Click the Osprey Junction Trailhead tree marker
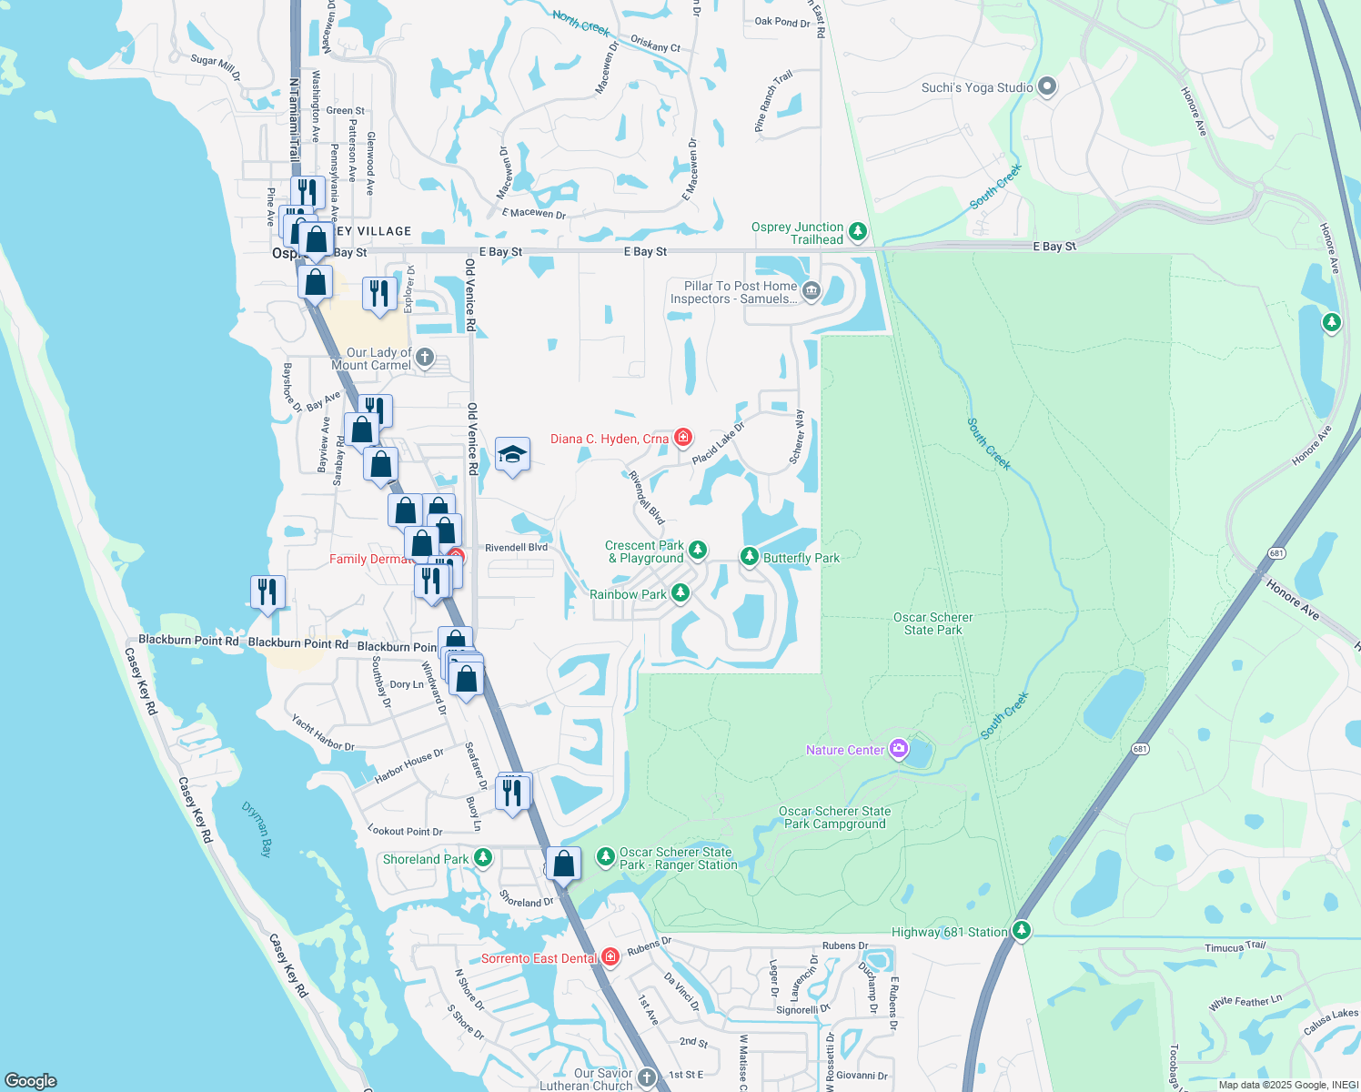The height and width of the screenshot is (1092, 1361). click(x=857, y=232)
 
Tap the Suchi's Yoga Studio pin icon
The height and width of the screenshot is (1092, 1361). click(x=1047, y=86)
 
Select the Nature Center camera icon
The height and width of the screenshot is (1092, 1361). click(x=899, y=749)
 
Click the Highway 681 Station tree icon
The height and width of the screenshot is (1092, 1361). click(x=1022, y=930)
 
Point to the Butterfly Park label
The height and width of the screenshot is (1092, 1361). click(x=801, y=558)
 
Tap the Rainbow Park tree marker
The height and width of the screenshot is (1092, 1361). click(x=680, y=593)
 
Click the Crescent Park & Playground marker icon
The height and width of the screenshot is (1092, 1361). click(x=697, y=550)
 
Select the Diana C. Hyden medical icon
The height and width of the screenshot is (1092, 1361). click(x=682, y=438)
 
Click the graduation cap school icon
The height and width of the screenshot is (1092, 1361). click(x=512, y=455)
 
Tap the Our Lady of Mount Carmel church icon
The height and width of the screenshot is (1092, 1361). click(x=425, y=358)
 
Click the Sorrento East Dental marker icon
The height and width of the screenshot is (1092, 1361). click(x=610, y=956)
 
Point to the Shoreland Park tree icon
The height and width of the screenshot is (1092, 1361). click(x=483, y=857)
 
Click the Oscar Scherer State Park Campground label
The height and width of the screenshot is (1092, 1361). click(x=834, y=817)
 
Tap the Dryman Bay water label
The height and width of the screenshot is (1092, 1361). click(x=257, y=828)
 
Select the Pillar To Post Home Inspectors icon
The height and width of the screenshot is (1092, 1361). click(x=811, y=291)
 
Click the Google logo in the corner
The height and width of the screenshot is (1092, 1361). click(x=31, y=1080)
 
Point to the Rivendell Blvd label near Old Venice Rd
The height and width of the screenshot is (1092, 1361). click(x=516, y=548)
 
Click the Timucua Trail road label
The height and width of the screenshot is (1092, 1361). click(x=1235, y=947)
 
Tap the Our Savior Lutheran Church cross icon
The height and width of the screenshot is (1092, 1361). click(x=646, y=1077)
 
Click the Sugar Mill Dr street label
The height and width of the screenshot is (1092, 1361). click(x=216, y=66)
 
